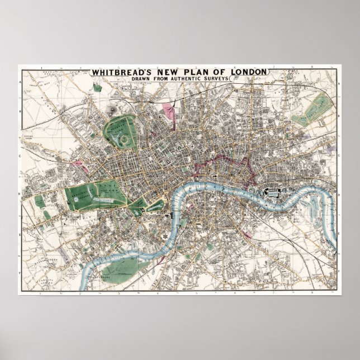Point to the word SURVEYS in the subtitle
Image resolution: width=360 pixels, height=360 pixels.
click(214, 79)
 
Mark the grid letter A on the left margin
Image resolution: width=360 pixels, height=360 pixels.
click(21, 83)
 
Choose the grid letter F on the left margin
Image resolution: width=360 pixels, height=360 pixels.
click(21, 273)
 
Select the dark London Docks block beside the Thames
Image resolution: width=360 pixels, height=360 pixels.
click(274, 193)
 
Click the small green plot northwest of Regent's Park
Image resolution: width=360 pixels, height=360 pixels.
click(96, 87)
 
